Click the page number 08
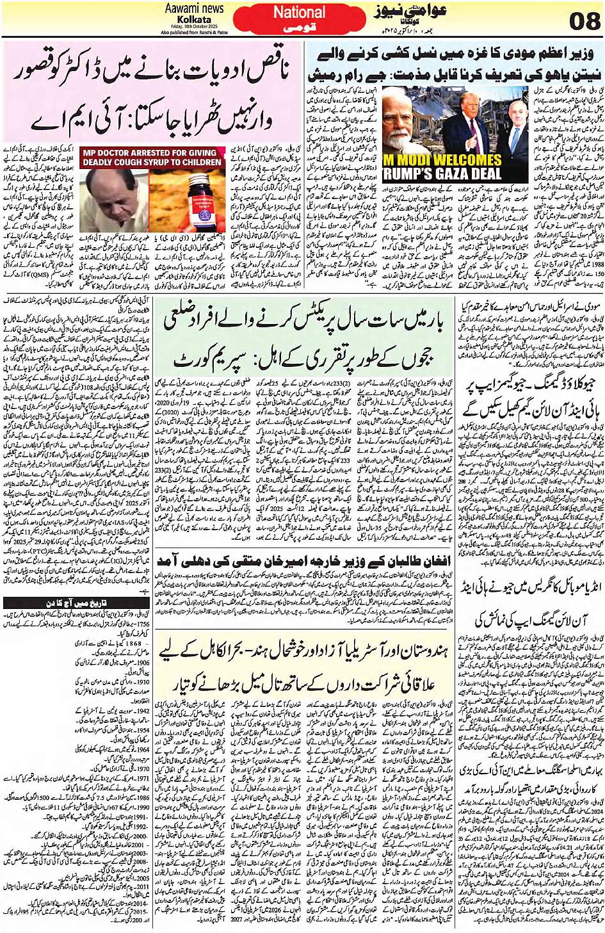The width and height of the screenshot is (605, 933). click(x=585, y=21)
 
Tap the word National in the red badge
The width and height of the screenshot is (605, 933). click(x=299, y=12)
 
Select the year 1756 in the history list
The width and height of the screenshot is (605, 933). click(x=141, y=624)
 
